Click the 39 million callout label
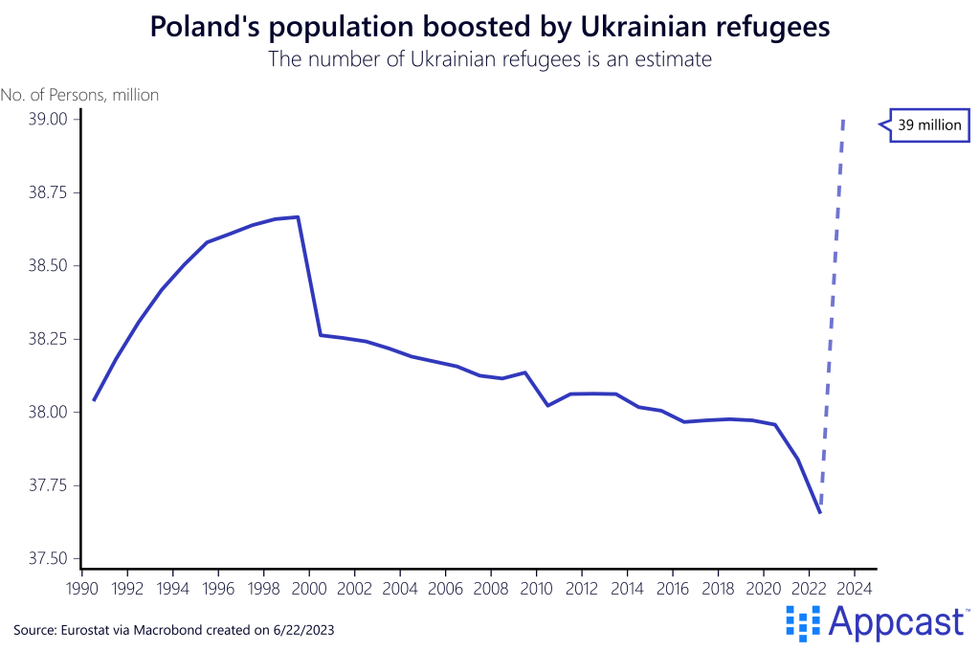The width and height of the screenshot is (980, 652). pyautogui.click(x=928, y=124)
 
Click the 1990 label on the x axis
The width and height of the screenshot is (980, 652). pyautogui.click(x=82, y=587)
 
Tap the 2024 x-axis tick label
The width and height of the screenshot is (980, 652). pyautogui.click(x=855, y=587)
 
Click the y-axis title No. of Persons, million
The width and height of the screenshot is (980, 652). pyautogui.click(x=80, y=95)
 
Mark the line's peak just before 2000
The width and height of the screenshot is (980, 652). pyautogui.click(x=299, y=216)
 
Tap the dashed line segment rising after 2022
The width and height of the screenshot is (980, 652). pyautogui.click(x=833, y=316)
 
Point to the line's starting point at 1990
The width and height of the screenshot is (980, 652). pyautogui.click(x=94, y=400)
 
